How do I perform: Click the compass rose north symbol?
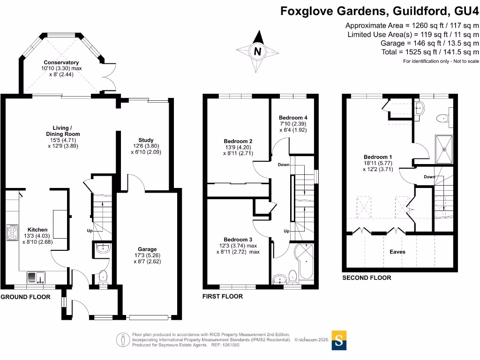[257, 50]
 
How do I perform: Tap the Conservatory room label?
[61, 62]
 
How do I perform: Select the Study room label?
[146, 140]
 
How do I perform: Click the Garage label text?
[147, 249]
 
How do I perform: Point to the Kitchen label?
[37, 230]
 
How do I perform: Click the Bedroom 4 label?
[292, 118]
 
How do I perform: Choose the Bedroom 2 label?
[238, 141]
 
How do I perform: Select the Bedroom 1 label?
[378, 157]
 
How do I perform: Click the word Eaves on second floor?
[397, 252]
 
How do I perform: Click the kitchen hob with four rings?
[12, 232]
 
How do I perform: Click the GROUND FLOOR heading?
[25, 297]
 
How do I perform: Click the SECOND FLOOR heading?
[366, 277]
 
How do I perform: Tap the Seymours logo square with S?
[339, 340]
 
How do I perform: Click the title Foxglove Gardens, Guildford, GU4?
[380, 11]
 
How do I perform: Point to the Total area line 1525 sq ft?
[430, 52]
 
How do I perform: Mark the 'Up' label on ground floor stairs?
[90, 231]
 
